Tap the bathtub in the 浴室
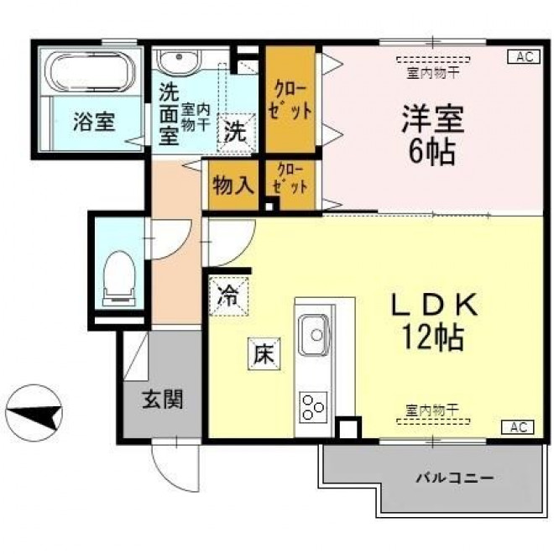[92, 71]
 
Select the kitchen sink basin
[314, 334]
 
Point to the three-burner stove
[313, 407]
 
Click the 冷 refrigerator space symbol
[228, 296]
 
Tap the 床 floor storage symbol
[264, 353]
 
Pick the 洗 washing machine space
[236, 133]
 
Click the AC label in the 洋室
[525, 56]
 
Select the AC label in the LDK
[518, 427]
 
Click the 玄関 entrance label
[163, 400]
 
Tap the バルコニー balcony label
[454, 478]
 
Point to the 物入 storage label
[233, 186]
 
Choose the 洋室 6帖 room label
[432, 135]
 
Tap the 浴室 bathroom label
[94, 122]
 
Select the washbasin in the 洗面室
[179, 61]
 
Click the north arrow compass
[34, 413]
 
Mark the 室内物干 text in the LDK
[432, 410]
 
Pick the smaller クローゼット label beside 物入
[290, 179]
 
